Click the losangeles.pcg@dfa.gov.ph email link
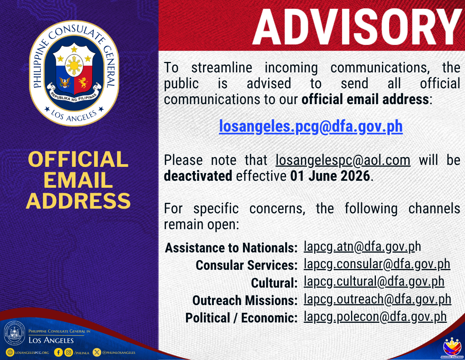point(311,127)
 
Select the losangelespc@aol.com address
point(343,160)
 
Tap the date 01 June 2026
point(330,176)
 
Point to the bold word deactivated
point(198,176)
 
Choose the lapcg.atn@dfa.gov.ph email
point(362,247)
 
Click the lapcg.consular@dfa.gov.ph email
point(377,265)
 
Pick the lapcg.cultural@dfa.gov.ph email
point(374,282)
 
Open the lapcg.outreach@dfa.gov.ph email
point(377,300)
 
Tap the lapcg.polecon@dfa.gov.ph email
point(375,317)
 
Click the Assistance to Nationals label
point(231,248)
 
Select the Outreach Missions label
point(245,300)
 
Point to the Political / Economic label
point(241,318)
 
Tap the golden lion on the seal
point(83,82)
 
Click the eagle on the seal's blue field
point(65,82)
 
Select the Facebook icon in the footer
point(59,352)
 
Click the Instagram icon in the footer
point(69,352)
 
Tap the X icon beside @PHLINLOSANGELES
point(97,352)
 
